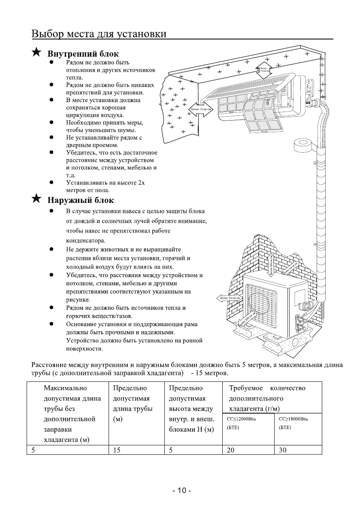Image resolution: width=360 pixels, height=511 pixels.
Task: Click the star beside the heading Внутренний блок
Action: [x=37, y=53]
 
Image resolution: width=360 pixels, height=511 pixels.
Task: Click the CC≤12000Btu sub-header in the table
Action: [x=239, y=418]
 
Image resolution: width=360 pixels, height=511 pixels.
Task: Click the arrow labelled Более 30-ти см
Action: [x=228, y=298]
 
